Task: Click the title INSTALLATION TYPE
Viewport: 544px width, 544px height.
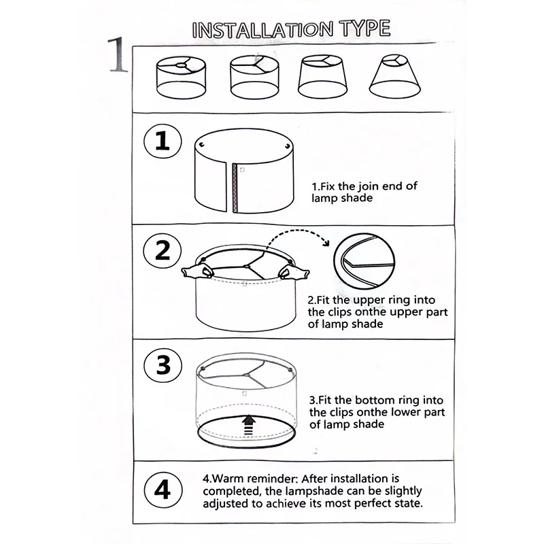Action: pyautogui.click(x=292, y=29)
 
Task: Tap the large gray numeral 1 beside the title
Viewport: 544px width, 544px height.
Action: pyautogui.click(x=118, y=56)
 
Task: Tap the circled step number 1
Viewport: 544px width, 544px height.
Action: pyautogui.click(x=163, y=142)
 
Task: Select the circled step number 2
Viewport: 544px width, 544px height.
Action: pyautogui.click(x=163, y=251)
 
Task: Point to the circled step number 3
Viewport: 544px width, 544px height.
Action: pyautogui.click(x=163, y=365)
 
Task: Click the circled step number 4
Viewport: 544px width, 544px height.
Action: pyautogui.click(x=163, y=489)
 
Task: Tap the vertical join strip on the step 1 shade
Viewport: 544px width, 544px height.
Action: pyautogui.click(x=236, y=186)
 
